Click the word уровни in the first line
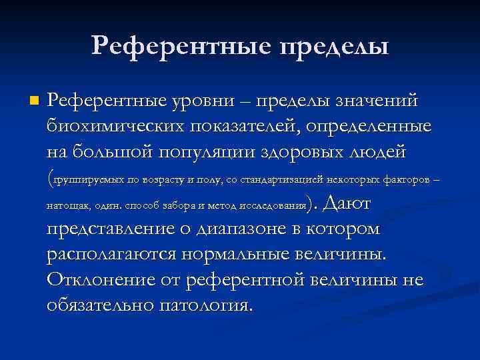[209, 101]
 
